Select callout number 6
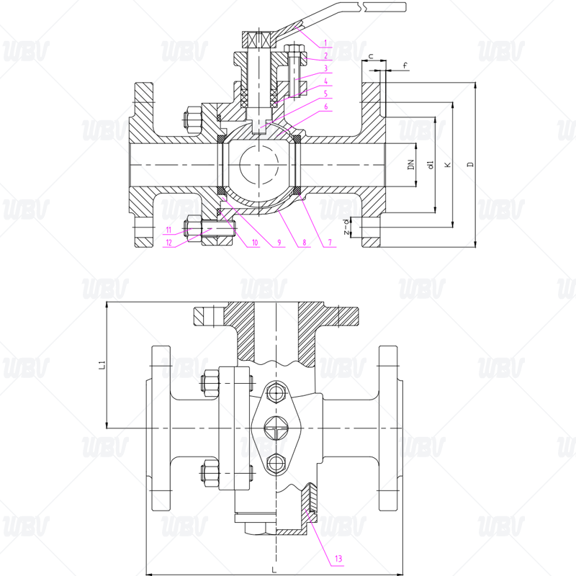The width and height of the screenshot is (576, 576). point(325,107)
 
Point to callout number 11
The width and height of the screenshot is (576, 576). point(168,230)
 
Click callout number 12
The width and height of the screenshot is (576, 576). point(168,243)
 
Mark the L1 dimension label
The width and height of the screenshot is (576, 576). point(102,365)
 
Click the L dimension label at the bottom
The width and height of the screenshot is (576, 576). point(274,570)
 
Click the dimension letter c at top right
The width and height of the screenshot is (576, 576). point(370,55)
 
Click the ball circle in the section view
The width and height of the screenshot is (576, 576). point(259,166)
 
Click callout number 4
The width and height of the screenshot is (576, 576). point(325,81)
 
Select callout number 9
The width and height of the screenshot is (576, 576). point(279,243)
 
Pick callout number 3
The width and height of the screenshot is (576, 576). point(325,68)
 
